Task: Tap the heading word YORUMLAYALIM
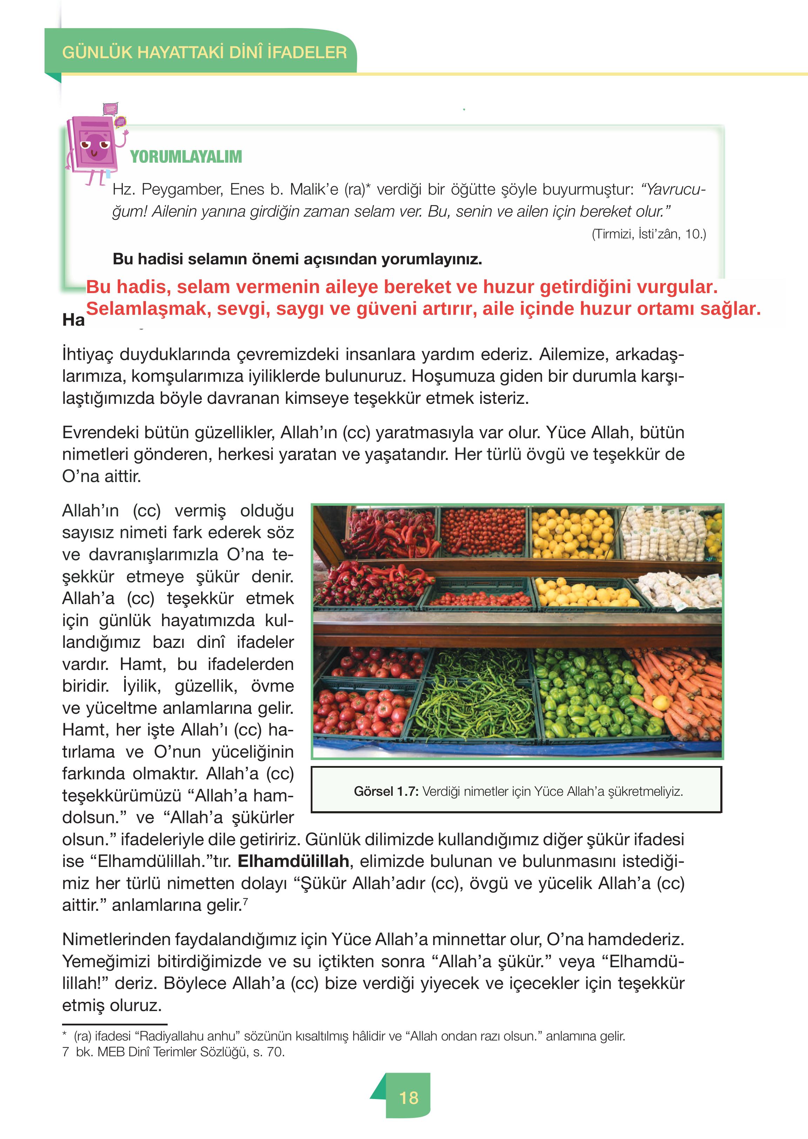pos(186,157)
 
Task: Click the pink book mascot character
pos(95,147)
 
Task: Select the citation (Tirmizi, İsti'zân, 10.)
pos(648,234)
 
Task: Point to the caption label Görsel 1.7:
pos(386,791)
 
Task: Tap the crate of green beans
pos(475,696)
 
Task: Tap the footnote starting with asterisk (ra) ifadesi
pos(343,1036)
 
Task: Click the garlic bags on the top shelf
pos(664,532)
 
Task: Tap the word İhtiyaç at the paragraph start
pos(87,355)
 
